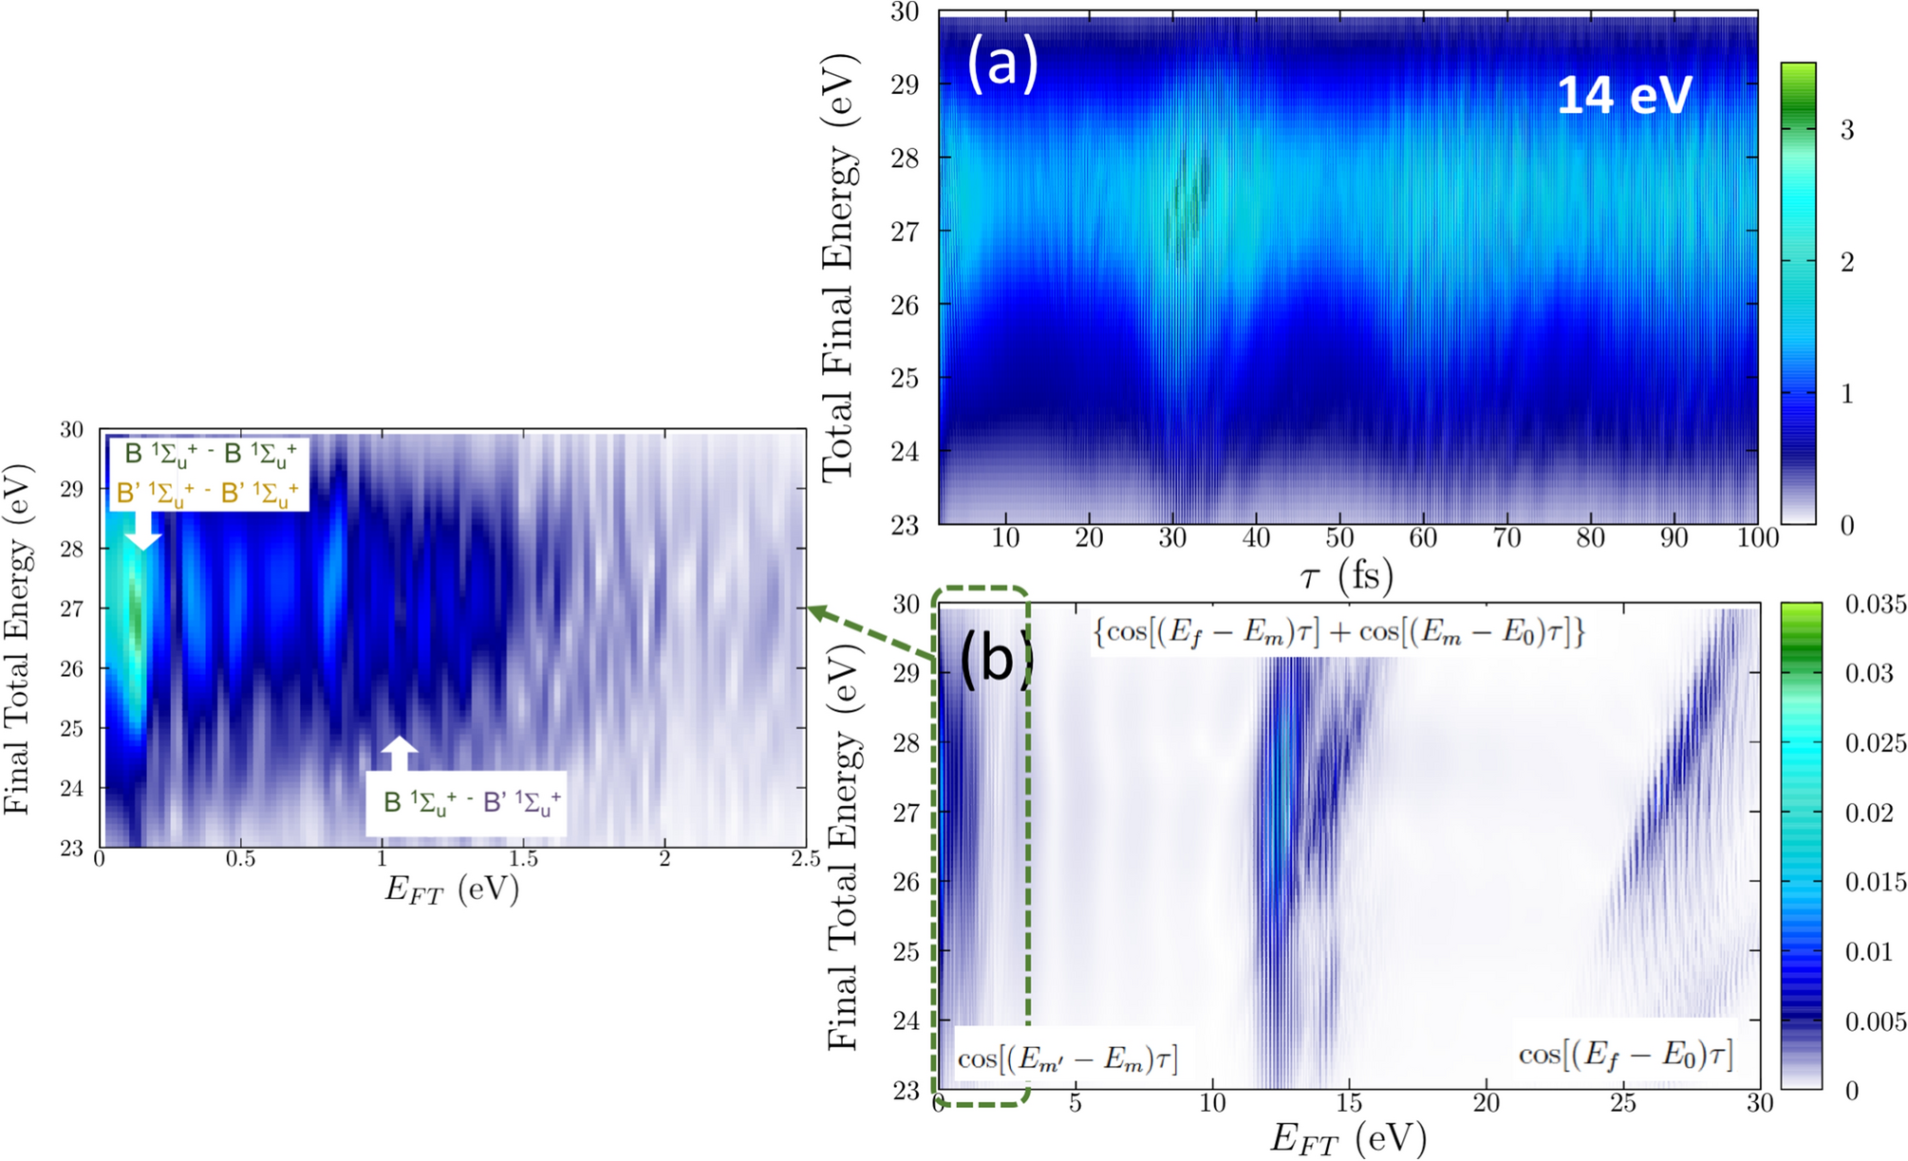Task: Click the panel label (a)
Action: [1002, 64]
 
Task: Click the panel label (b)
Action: [993, 657]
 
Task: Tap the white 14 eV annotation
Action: [1624, 95]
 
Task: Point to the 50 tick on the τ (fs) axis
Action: [1339, 538]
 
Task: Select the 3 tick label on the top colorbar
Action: [1846, 130]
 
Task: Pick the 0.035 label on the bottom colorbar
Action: [1875, 604]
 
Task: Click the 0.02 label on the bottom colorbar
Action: [1870, 813]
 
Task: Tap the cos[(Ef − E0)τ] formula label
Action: [1625, 1054]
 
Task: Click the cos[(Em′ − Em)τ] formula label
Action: [1068, 1058]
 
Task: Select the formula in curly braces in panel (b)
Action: [1339, 633]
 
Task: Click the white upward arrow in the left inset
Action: [400, 753]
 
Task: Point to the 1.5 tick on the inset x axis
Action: [523, 859]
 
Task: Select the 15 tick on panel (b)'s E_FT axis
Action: [1349, 1103]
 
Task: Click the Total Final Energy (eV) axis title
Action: [839, 268]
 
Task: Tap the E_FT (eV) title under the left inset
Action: [451, 889]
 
